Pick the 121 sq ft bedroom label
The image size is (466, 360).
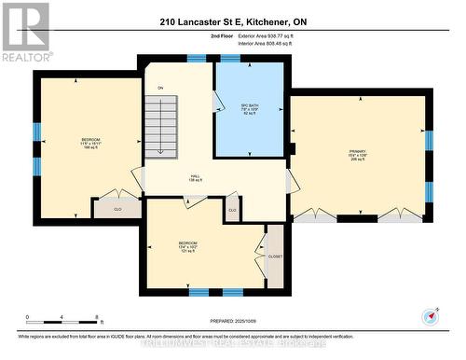coord(188,247)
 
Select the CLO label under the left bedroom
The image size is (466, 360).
coord(118,209)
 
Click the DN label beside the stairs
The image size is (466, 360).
coord(160,88)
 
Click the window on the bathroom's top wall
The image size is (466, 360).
coord(229,58)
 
